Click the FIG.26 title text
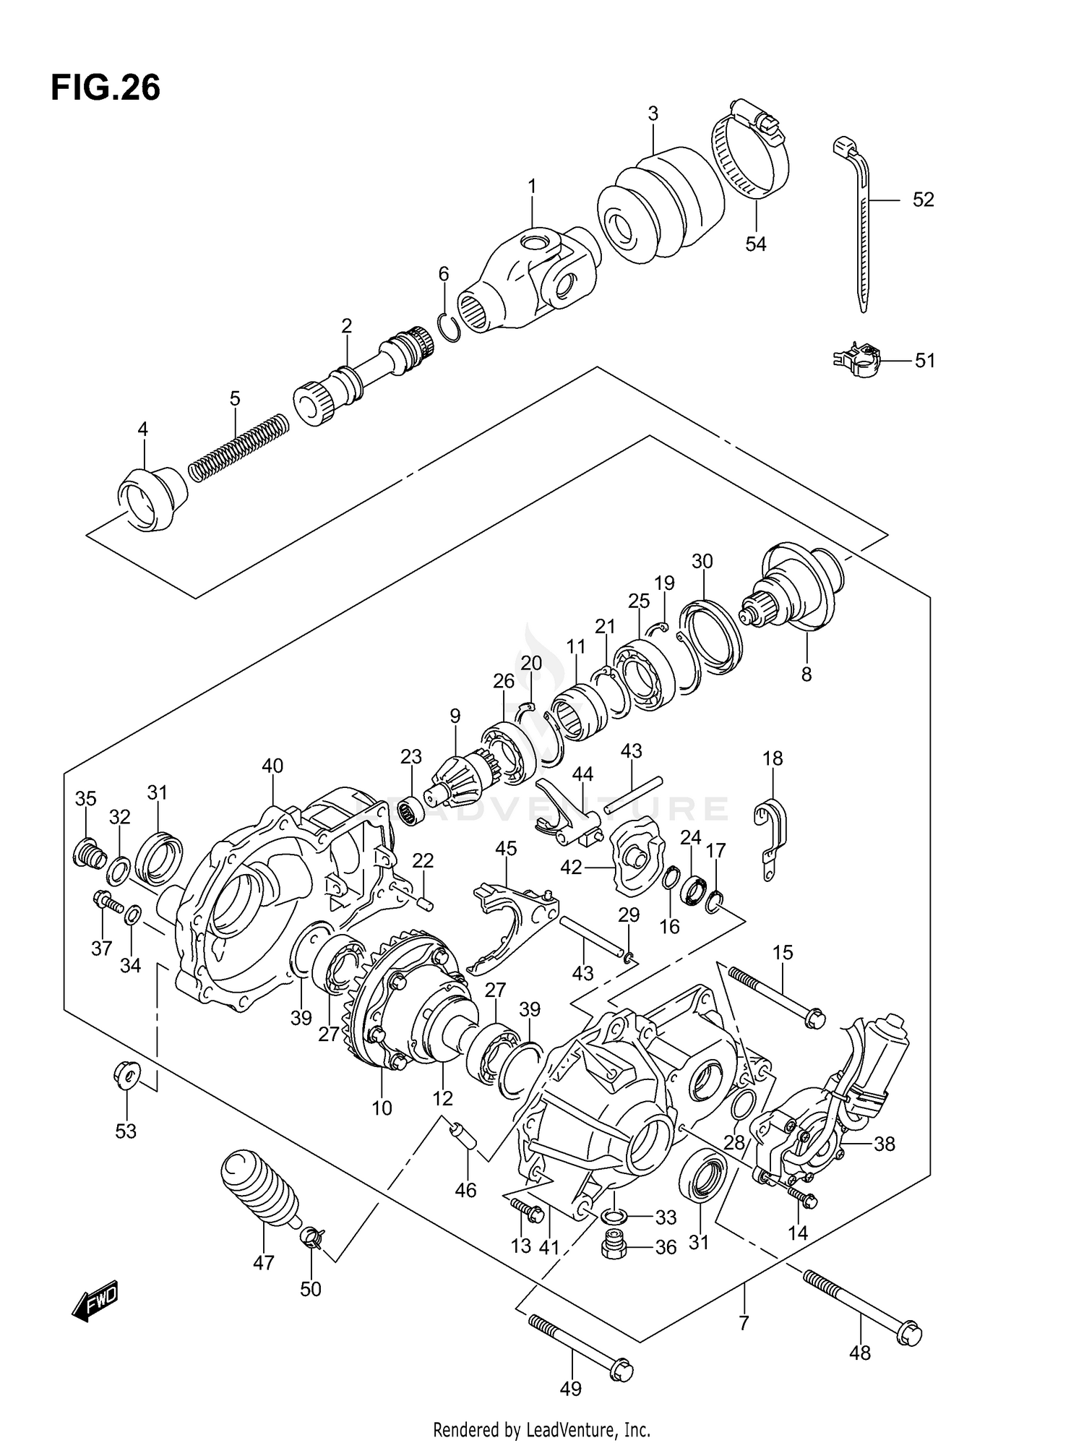click(106, 87)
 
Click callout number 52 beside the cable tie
click(923, 200)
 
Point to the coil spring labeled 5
click(238, 447)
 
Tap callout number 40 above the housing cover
click(272, 766)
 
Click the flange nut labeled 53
click(126, 1076)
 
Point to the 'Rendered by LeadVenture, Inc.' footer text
click(541, 1429)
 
